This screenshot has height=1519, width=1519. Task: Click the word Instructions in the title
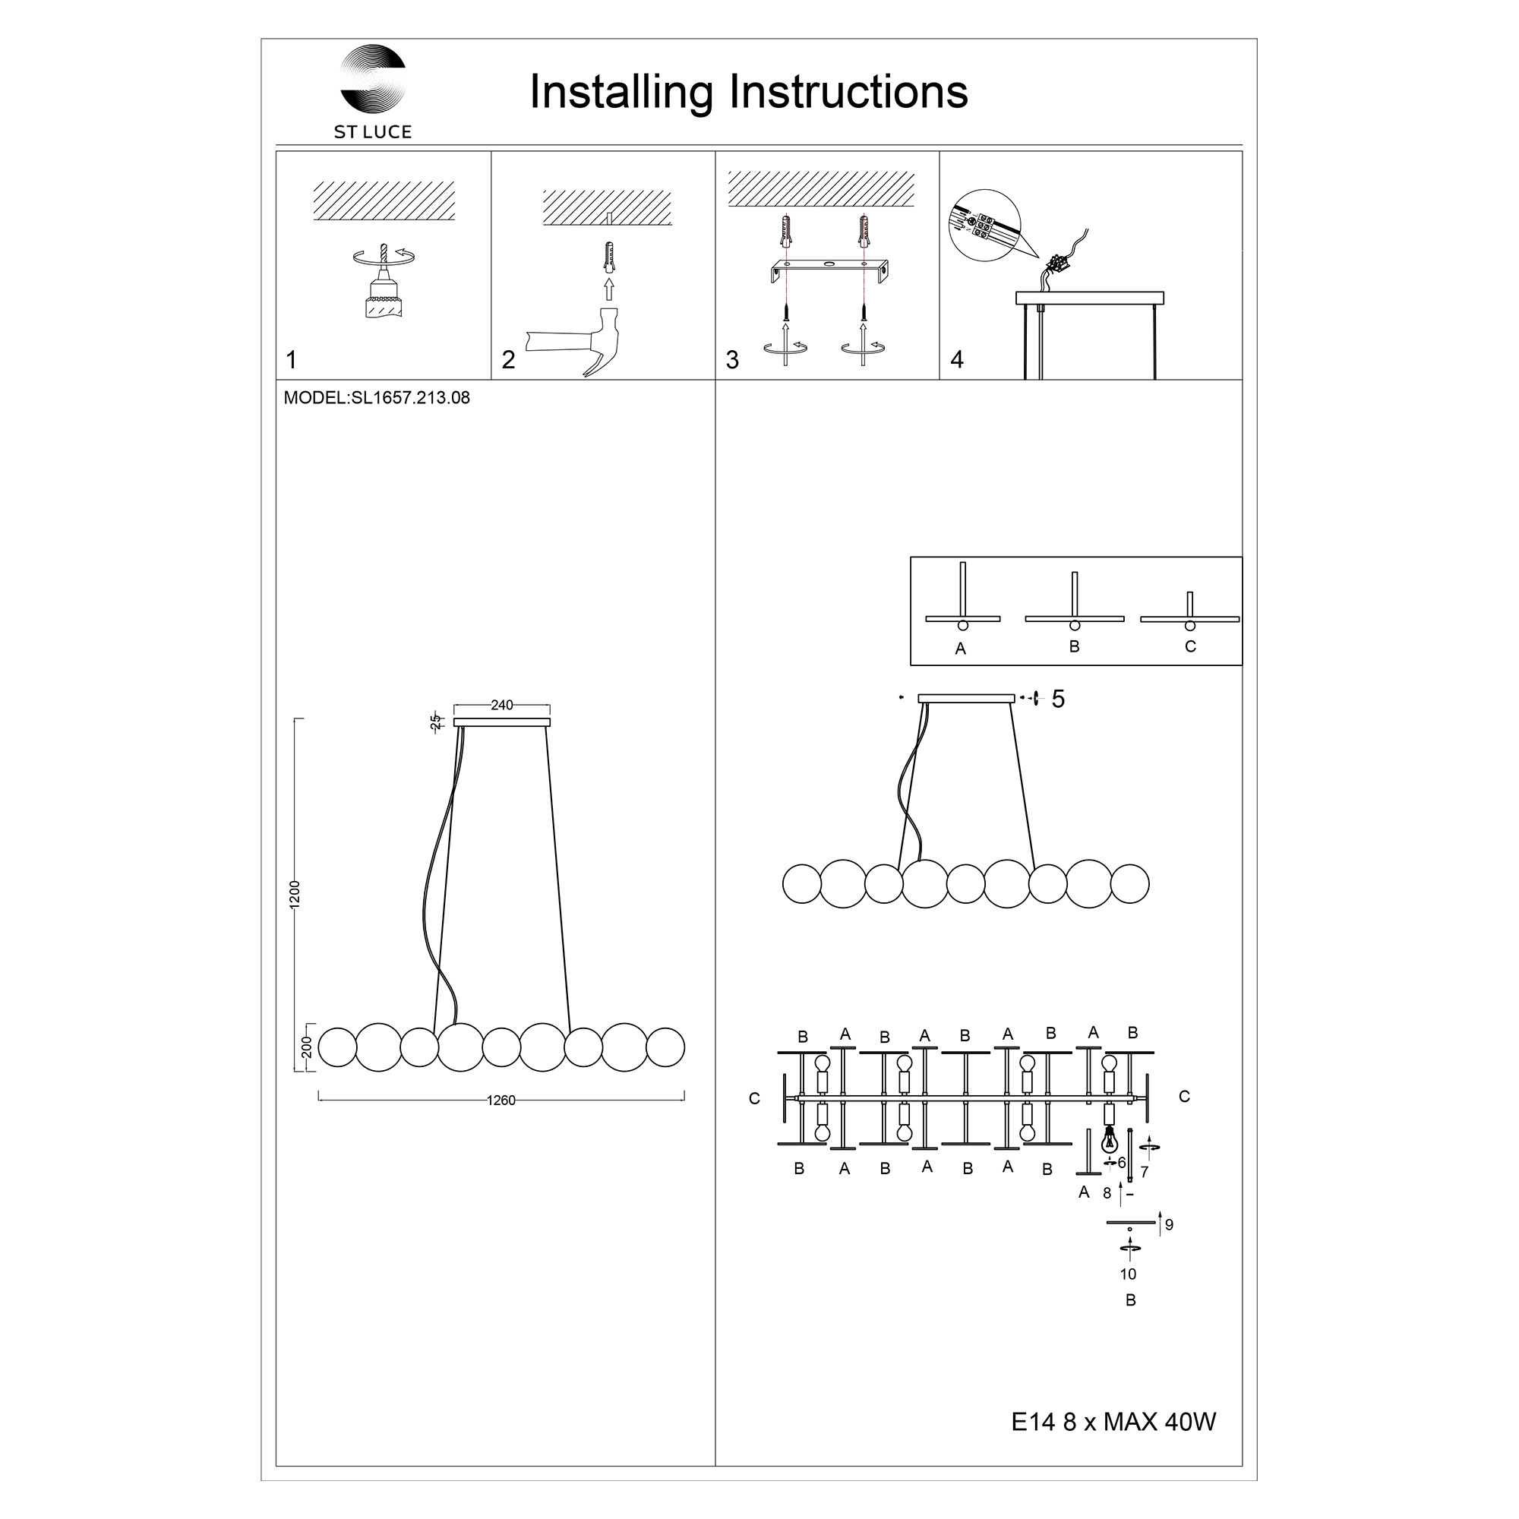(x=848, y=91)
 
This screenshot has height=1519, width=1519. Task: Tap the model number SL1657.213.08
(x=410, y=398)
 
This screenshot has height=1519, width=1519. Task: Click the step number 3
(x=732, y=360)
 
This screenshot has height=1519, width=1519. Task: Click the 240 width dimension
(x=501, y=706)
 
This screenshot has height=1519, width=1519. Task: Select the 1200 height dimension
(x=295, y=895)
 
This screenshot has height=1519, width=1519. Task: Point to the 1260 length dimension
(x=501, y=1100)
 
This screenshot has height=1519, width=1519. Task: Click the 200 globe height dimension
(x=307, y=1047)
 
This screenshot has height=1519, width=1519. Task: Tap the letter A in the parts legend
(x=960, y=649)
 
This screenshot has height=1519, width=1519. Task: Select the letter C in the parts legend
(x=1190, y=646)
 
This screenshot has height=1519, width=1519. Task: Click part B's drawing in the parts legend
(x=1075, y=602)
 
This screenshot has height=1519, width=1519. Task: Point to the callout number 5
(x=1058, y=699)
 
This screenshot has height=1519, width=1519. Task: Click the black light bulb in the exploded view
(x=1110, y=1138)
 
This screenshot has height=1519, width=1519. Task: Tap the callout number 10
(x=1129, y=1274)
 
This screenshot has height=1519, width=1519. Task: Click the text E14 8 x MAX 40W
(x=1113, y=1422)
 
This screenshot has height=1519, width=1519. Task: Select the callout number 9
(x=1169, y=1225)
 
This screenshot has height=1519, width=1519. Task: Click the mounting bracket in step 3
(x=829, y=272)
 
